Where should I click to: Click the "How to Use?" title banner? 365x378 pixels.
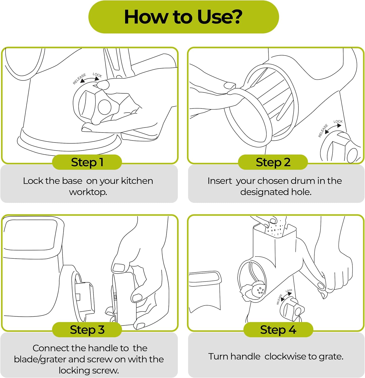point(184,17)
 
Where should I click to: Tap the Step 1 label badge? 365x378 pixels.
point(87,162)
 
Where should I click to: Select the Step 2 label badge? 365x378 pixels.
point(273,162)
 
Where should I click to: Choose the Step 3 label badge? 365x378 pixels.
point(87,330)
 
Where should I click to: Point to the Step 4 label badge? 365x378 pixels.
point(278,330)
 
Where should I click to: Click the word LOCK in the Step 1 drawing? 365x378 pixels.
point(97,75)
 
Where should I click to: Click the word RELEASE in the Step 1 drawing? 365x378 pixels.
point(79,79)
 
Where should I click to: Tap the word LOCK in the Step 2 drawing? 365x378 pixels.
point(338,121)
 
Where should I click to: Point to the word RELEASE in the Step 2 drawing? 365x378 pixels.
point(323,131)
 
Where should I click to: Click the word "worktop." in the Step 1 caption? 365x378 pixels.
point(88,192)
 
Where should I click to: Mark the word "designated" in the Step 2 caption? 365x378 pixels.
point(264,192)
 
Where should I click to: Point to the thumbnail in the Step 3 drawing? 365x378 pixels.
point(119,268)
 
